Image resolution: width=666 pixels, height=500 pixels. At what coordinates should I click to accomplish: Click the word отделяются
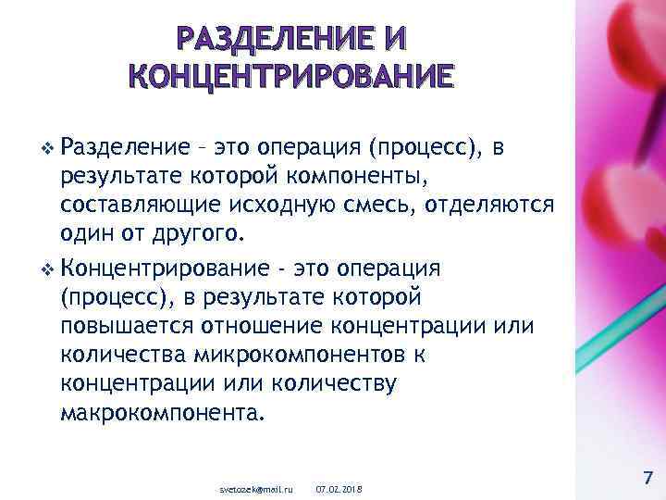pos(489,205)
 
